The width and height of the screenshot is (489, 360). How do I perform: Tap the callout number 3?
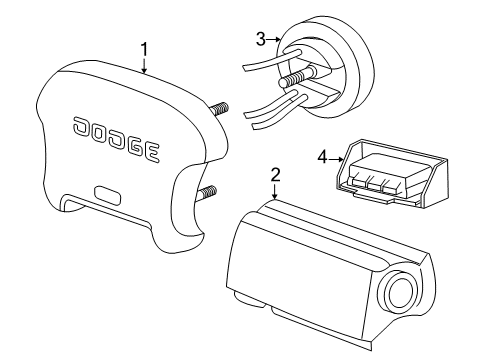click(x=260, y=39)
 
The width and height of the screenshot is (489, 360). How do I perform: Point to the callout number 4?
click(x=322, y=156)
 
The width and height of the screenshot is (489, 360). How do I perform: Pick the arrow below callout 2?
click(x=274, y=191)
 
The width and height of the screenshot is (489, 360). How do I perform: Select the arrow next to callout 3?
click(x=274, y=40)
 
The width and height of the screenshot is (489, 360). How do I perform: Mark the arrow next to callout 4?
click(x=336, y=156)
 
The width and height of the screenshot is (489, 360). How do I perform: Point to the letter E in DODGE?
click(x=150, y=152)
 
